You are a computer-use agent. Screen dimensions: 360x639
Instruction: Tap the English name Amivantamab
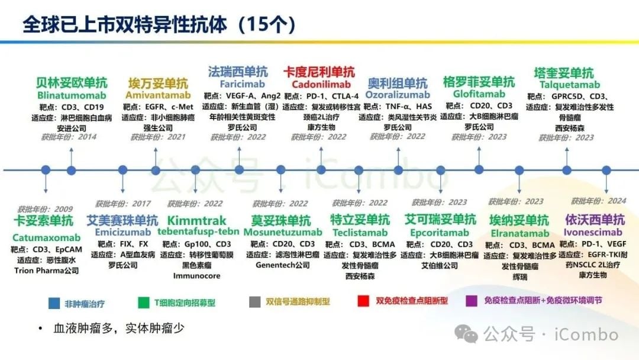[x=158, y=95]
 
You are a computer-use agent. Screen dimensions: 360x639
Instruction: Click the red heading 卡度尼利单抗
[x=319, y=72]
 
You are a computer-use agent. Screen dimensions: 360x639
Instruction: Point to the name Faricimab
[x=237, y=84]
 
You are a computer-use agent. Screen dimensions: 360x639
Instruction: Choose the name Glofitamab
[x=479, y=94]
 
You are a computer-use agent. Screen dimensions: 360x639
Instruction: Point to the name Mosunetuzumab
[x=283, y=232]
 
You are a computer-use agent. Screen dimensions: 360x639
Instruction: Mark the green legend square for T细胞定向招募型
[x=142, y=303]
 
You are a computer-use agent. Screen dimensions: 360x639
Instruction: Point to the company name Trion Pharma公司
[x=46, y=271]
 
